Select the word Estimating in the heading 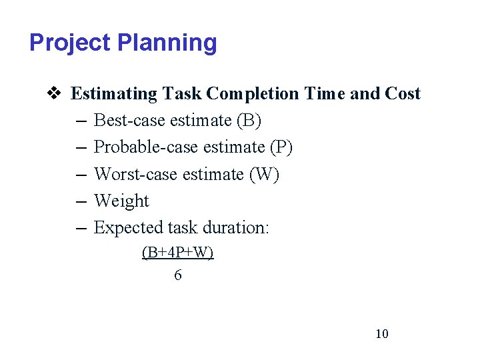pos(115,93)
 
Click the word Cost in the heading pos(403,93)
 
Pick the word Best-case pos(130,121)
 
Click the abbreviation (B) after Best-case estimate pos(249,121)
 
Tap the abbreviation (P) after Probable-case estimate pos(280,147)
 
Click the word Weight pos(121,201)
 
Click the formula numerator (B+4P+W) pos(177,253)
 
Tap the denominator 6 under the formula pos(177,275)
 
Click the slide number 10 pos(381,334)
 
